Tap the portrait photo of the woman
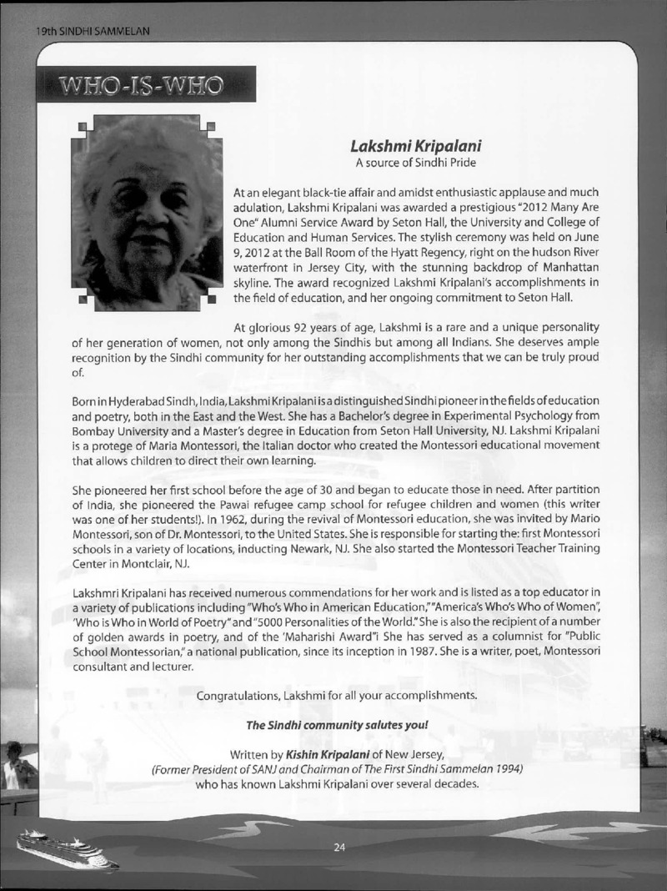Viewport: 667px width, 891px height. pos(146,213)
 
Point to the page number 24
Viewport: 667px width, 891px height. pos(339,848)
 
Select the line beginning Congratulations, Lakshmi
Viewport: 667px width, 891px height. pos(337,695)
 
